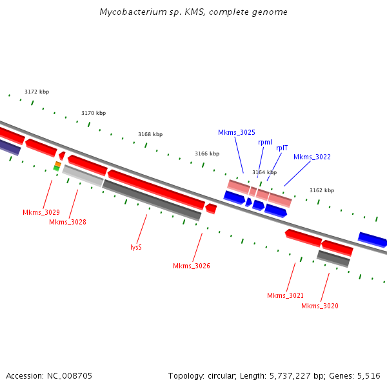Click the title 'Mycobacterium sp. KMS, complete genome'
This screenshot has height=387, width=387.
point(193,12)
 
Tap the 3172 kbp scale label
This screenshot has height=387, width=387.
point(37,92)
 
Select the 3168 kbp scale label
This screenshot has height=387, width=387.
point(150,134)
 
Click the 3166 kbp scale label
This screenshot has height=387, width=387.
point(207,154)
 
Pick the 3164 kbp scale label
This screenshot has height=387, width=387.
point(264,172)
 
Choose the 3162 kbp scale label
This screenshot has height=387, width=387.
point(322,190)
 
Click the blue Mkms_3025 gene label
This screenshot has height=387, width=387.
point(237,132)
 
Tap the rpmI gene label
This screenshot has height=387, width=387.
point(265,141)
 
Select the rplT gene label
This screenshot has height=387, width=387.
point(282,148)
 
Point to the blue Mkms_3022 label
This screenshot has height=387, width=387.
point(312,157)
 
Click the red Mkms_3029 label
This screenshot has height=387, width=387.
point(41,212)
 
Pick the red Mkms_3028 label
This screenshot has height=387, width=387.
point(68,222)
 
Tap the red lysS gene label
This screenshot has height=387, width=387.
point(136,247)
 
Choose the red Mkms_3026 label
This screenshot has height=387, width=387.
point(192,266)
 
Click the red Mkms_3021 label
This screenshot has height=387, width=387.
point(286,295)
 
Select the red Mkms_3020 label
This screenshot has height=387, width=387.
point(320,306)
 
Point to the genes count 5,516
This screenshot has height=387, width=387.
point(368,375)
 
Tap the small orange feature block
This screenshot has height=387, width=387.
point(58,164)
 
